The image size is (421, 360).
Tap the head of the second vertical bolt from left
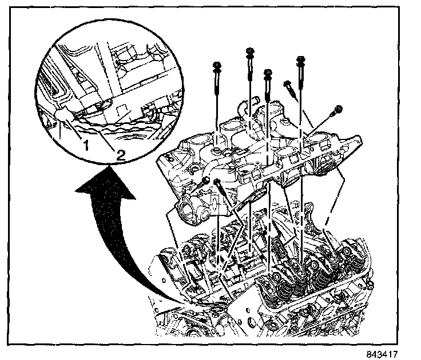[250, 53]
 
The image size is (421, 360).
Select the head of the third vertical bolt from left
[268, 74]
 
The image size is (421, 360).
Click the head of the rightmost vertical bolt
[299, 59]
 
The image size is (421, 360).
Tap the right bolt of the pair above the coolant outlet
[219, 183]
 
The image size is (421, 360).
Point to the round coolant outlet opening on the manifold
[188, 211]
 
